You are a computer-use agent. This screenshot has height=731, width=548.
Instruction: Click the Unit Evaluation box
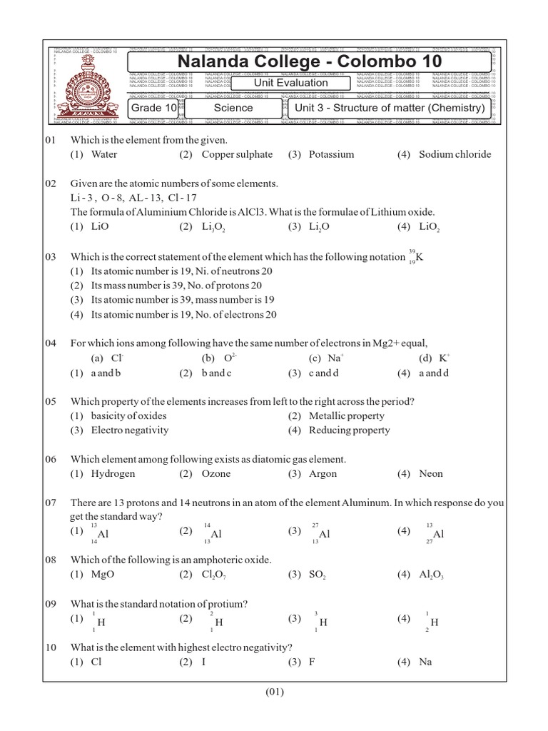point(291,83)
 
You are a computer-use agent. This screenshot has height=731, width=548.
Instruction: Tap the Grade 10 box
point(153,108)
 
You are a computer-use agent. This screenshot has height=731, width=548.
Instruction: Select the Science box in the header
point(233,108)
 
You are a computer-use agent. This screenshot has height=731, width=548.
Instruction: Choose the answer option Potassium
point(331,154)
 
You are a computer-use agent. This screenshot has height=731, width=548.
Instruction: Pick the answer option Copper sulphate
point(237,154)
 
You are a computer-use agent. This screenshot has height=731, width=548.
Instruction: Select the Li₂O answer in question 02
point(318,227)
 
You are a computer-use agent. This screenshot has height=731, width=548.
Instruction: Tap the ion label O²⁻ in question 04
point(229,358)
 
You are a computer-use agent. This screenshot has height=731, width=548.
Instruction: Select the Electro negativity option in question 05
point(130,430)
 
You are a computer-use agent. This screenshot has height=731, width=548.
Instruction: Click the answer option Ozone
point(216,473)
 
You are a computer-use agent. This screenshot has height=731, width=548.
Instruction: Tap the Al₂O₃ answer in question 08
point(431,575)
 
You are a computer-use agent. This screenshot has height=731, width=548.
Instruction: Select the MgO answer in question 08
point(104,575)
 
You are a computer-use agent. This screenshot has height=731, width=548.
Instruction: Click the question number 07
point(51,503)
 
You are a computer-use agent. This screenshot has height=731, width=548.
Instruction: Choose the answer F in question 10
point(312,662)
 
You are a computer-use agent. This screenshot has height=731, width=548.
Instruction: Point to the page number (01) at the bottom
point(275,691)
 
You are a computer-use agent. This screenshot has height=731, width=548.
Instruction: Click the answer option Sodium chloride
point(455,154)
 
